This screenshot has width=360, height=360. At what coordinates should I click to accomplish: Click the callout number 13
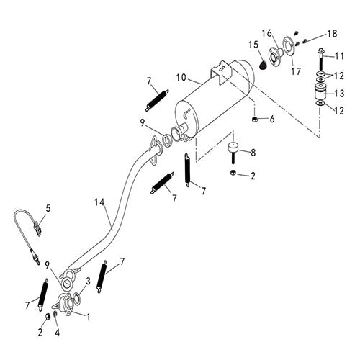tap(341, 92)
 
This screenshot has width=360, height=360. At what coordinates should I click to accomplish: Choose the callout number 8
tap(252, 152)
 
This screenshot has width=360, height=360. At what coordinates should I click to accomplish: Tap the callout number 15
tap(253, 45)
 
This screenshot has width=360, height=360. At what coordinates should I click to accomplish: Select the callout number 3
tap(88, 281)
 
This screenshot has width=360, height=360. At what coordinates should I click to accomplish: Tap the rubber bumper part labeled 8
tap(233, 153)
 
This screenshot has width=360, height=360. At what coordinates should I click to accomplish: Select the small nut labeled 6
tap(256, 118)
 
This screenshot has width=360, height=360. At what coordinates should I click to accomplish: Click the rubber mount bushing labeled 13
tap(318, 92)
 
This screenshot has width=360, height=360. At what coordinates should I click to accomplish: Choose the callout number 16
tap(266, 33)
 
